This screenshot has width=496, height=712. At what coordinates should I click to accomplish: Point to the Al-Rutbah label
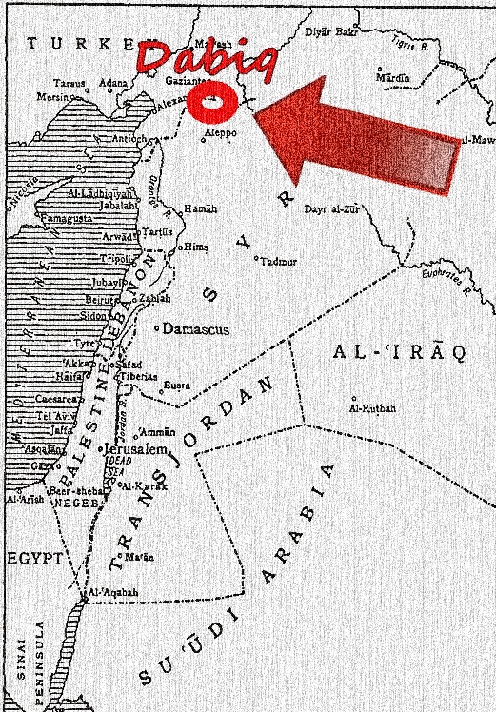click(373, 408)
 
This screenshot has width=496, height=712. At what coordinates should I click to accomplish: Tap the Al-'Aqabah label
click(113, 592)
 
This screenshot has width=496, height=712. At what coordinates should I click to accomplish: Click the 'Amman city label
click(158, 431)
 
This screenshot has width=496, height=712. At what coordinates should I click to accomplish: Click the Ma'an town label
click(140, 556)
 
